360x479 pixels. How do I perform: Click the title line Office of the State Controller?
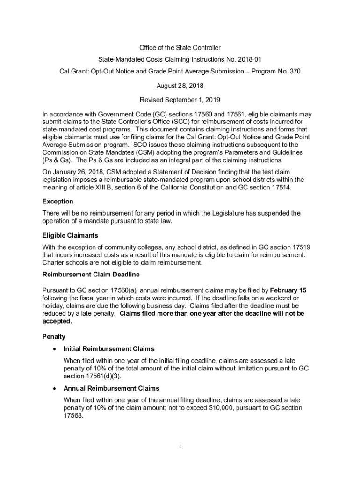click(x=180, y=48)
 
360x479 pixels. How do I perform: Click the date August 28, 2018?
click(x=180, y=86)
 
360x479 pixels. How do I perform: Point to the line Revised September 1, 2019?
click(x=180, y=100)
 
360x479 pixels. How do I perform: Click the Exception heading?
click(x=58, y=201)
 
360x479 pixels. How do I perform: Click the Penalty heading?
click(x=54, y=336)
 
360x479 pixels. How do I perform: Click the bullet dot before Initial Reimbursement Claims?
click(x=56, y=349)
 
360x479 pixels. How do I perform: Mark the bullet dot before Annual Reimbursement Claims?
click(x=56, y=389)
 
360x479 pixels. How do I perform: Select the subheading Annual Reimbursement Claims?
click(x=111, y=388)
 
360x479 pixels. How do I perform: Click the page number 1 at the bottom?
click(x=180, y=445)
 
